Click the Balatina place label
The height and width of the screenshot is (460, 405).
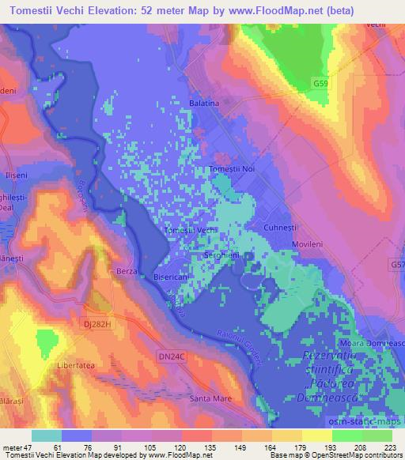[204, 104]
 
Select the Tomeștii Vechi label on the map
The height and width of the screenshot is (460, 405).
[190, 230]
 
